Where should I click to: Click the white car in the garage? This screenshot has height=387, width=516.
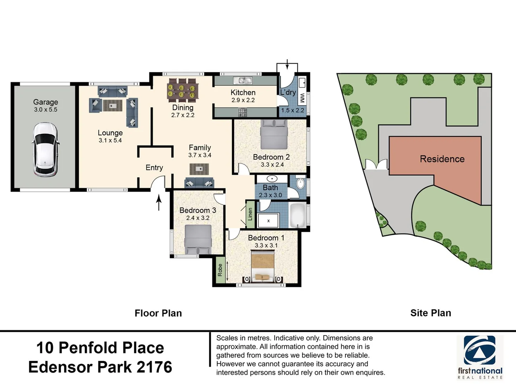point(45,150)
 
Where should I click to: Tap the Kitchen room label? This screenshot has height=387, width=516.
point(243,92)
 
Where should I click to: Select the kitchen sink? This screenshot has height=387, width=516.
point(243,80)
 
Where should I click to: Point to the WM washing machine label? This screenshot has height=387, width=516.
point(302,98)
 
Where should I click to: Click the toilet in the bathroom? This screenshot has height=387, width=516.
point(300,183)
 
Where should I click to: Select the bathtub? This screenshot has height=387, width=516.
point(298,215)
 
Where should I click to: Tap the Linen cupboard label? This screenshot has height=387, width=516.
point(250,214)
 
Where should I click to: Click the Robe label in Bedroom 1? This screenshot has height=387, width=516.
point(220,270)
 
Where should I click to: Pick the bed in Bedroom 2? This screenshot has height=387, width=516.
point(274,134)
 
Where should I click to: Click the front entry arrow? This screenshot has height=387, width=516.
point(159,202)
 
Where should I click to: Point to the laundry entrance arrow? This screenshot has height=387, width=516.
point(287,64)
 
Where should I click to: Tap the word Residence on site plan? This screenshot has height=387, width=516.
point(442,159)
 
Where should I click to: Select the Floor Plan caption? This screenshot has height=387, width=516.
point(158,313)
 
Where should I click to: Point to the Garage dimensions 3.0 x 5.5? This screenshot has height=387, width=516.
point(46,110)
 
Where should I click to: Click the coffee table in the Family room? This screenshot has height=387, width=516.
point(199,169)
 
